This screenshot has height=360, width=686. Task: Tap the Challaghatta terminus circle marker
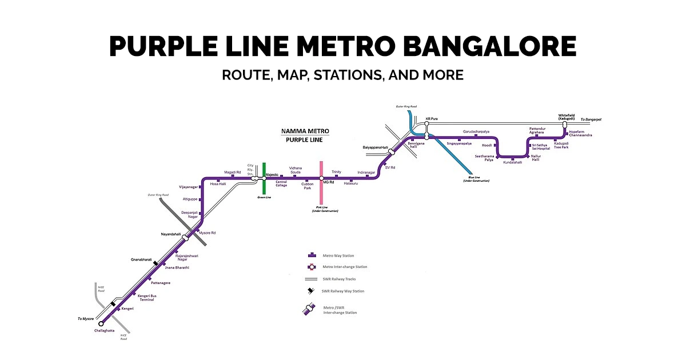point(101,323)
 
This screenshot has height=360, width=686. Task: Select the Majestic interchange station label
point(272,174)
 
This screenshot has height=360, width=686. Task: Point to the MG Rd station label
point(328,182)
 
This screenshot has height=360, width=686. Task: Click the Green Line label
point(264,197)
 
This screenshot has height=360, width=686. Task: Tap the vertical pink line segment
point(321,194)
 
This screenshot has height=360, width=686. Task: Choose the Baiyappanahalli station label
point(375,147)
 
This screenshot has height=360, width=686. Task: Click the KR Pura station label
point(432,119)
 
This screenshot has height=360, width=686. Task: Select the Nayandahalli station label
point(170,234)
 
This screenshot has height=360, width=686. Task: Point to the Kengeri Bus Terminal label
point(146,298)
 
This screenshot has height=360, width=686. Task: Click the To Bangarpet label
point(591,119)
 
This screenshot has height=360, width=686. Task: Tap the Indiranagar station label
point(366,172)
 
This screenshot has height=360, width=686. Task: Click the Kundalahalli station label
point(512,162)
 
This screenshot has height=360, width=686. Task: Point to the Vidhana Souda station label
point(295,170)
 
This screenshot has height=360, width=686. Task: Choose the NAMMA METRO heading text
point(305,131)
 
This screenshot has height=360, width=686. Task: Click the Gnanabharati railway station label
point(141,259)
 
